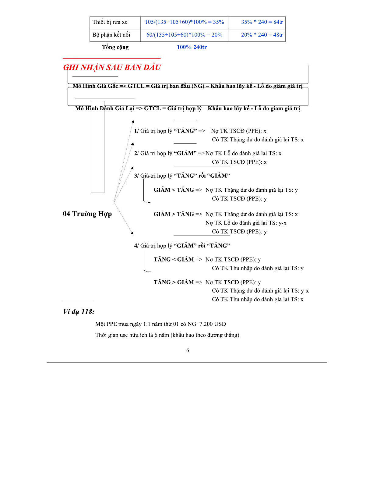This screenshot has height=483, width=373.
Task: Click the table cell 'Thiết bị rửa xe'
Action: click(x=110, y=22)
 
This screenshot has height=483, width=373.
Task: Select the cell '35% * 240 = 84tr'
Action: click(x=262, y=22)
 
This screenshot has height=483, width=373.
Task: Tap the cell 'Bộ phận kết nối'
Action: click(x=111, y=35)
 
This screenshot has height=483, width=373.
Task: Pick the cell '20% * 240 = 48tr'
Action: click(x=262, y=35)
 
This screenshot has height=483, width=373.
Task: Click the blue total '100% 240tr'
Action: click(x=192, y=47)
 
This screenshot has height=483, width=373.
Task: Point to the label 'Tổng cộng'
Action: click(x=115, y=47)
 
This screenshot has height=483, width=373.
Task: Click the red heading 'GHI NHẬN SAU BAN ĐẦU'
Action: click(x=112, y=67)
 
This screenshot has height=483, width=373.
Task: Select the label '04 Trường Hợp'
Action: click(x=87, y=214)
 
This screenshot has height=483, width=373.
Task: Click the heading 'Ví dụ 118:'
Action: click(x=79, y=311)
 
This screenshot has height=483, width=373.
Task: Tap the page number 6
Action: click(x=188, y=350)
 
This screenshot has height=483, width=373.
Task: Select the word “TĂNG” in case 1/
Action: click(x=185, y=131)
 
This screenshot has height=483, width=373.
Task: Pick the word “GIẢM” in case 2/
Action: click(x=185, y=153)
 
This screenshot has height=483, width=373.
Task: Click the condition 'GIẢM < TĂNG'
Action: click(x=174, y=190)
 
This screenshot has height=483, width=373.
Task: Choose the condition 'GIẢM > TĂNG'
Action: click(x=174, y=214)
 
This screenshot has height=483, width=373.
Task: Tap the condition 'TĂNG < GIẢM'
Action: click(x=174, y=260)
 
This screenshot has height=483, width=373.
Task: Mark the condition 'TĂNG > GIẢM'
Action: click(x=174, y=282)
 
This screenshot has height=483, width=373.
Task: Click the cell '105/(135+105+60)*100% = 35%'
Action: click(x=184, y=22)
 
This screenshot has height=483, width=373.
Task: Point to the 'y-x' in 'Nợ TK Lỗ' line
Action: click(x=282, y=223)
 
